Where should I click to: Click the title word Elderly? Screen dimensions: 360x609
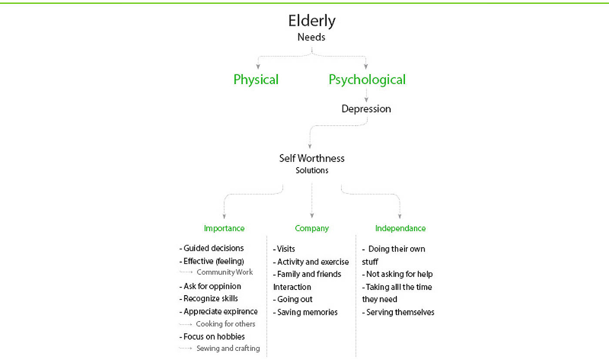pos(312,21)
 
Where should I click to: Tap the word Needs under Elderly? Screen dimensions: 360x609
pos(311,37)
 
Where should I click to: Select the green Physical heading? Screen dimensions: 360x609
pos(256,80)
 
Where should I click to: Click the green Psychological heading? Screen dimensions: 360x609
pos(367,80)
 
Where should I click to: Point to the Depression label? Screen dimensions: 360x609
pos(366,109)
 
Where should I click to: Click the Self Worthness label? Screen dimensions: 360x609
pos(311,158)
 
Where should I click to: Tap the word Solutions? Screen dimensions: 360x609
pos(312,171)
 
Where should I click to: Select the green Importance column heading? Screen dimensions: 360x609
pos(224,229)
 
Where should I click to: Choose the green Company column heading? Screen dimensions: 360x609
pos(312,229)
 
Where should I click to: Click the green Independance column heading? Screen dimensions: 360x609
pos(400,229)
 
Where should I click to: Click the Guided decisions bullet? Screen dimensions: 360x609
pos(212,249)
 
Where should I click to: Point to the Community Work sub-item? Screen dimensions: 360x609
pos(224,272)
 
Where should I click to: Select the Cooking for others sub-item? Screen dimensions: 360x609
pos(225,324)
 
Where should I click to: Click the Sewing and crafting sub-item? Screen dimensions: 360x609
pos(228,348)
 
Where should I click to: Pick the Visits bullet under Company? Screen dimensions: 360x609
pos(284,249)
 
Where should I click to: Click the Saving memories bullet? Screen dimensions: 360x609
pos(306,312)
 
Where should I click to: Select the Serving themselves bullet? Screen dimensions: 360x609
pos(398,312)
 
